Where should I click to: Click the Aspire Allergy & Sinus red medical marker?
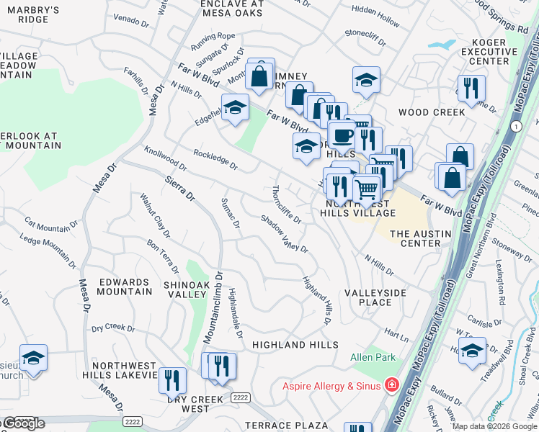391,385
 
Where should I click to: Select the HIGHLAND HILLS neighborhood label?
295,345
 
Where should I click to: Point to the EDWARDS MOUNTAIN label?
126,287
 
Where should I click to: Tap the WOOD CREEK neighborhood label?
432,112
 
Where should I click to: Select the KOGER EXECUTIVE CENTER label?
484,52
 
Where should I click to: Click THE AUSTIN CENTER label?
420,238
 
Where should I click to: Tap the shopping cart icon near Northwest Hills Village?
367,189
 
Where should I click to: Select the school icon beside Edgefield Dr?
234,107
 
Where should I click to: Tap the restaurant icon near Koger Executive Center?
471,88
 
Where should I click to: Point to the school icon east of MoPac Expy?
472,351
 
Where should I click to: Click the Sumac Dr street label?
231,213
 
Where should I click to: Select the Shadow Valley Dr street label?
284,235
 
